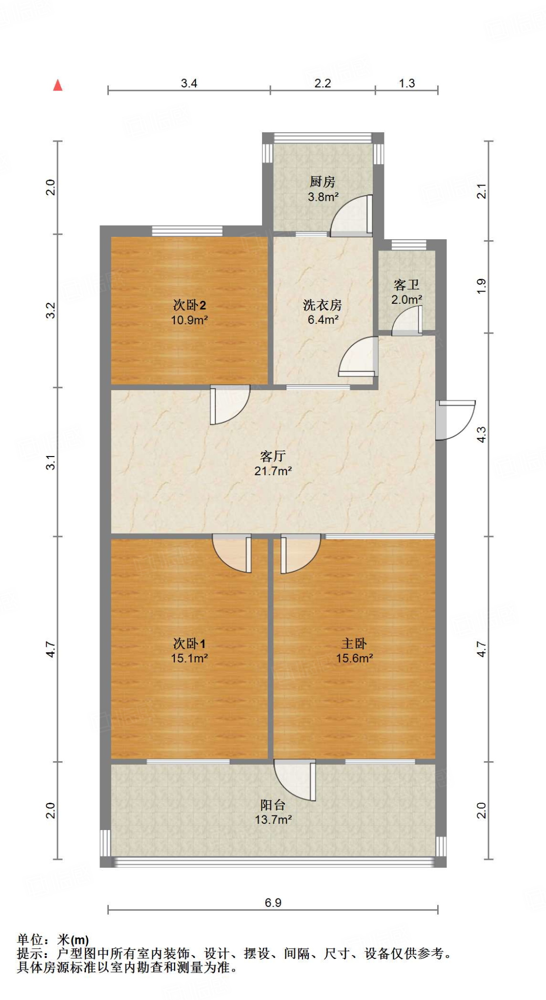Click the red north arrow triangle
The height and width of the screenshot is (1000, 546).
point(58,85)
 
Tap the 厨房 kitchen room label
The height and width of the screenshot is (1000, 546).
point(323,182)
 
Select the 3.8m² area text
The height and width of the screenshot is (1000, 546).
point(323,197)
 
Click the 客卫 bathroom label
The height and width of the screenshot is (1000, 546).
point(406,285)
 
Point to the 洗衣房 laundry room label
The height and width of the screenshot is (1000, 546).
point(323,305)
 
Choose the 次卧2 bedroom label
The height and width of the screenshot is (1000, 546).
point(189,305)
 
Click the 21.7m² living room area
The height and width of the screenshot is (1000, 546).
point(273,471)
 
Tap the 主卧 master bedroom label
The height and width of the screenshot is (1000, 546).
point(354,644)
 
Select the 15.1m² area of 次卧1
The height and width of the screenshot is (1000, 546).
point(189,658)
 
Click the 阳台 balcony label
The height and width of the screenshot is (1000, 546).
point(273,805)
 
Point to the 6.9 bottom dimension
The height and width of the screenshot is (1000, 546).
point(273,903)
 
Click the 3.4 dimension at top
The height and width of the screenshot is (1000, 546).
point(189,83)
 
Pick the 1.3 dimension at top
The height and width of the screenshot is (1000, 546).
point(406,83)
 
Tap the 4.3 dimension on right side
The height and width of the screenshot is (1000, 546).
point(481,435)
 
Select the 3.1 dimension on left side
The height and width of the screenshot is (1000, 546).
point(51,462)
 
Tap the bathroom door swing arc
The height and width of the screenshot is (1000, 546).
point(407,320)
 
